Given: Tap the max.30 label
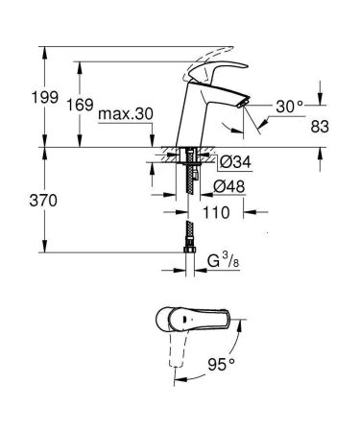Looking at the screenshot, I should coord(126,115).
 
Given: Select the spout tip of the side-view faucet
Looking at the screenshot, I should coord(242,105).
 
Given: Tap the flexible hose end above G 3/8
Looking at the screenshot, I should coord(189,234).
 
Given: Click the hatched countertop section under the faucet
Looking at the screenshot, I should coord(177,155).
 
